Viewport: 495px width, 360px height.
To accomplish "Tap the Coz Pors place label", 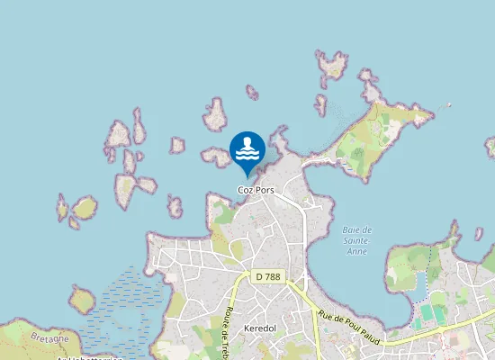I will (x=255, y=191).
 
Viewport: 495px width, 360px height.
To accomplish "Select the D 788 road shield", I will (x=267, y=276).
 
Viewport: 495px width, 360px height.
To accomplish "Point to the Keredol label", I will (x=260, y=329).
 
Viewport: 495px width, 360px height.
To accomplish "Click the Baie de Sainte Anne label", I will (x=357, y=240).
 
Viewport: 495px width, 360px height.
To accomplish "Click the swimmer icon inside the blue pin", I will (x=247, y=148).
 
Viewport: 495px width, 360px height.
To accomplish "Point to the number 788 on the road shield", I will (x=272, y=276).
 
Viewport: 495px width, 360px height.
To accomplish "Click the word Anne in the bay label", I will (x=357, y=251).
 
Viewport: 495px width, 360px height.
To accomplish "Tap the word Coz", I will (x=244, y=191).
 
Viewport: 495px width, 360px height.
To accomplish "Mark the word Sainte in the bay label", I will (x=357, y=240).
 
